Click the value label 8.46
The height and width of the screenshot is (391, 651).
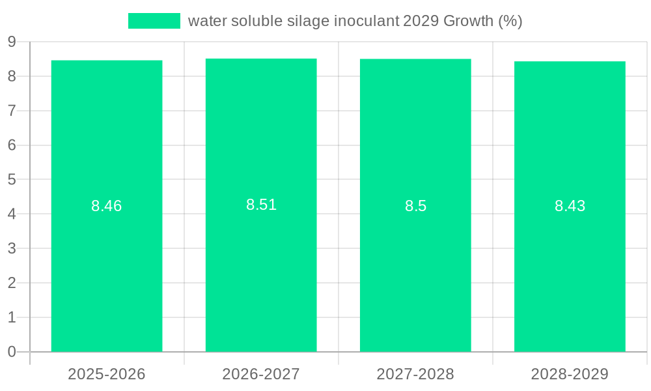pyautogui.click(x=107, y=206)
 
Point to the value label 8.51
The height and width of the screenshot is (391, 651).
pyautogui.click(x=261, y=205)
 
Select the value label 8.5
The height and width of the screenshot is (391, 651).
pyautogui.click(x=415, y=206)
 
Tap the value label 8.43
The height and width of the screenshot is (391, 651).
pyautogui.click(x=570, y=206)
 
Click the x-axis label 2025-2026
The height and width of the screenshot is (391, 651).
pyautogui.click(x=107, y=374)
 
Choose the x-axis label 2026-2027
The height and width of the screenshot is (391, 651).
pyautogui.click(x=261, y=374)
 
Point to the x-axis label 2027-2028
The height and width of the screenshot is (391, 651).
pyautogui.click(x=415, y=374)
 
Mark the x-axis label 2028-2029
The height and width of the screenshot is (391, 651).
pyautogui.click(x=570, y=374)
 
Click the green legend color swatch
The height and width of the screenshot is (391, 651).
pyautogui.click(x=154, y=21)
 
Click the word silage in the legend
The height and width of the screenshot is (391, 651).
pyautogui.click(x=309, y=21)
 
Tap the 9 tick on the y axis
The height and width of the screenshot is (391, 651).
pyautogui.click(x=12, y=42)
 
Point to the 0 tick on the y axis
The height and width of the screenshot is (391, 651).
pyautogui.click(x=12, y=352)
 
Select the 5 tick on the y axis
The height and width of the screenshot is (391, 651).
pyautogui.click(x=12, y=179)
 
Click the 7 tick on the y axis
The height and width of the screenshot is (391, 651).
pyautogui.click(x=12, y=111)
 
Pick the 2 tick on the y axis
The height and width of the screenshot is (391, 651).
pyautogui.click(x=12, y=283)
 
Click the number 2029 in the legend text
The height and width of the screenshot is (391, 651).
pyautogui.click(x=421, y=21)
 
